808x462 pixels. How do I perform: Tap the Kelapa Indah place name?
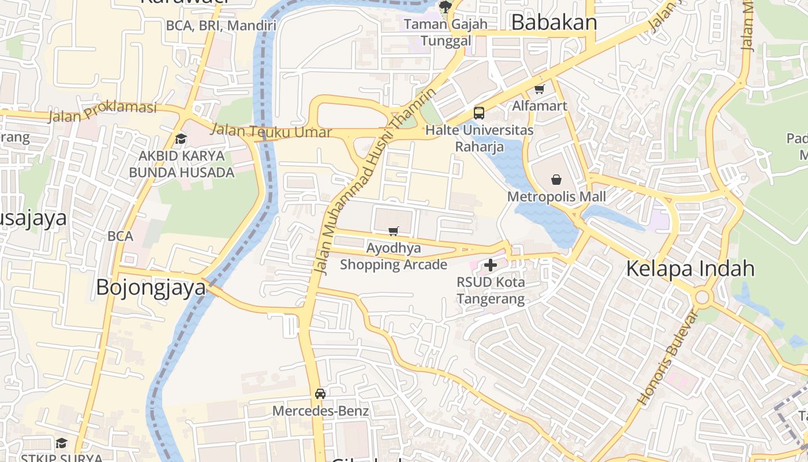pos(690,269)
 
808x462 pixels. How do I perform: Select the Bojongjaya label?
pos(151,287)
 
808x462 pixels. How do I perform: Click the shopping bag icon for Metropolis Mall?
pos(556,180)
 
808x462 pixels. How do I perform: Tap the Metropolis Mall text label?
pos(556,197)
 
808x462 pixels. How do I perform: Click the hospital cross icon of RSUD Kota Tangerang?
pos(491,265)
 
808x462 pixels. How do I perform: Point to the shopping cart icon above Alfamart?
pos(540,89)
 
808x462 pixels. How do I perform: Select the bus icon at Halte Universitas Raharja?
pos(479,113)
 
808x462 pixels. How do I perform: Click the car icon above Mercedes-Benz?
pos(320,394)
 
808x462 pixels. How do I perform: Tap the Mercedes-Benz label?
pos(320,411)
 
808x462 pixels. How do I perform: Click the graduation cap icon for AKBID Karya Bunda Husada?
pos(181,139)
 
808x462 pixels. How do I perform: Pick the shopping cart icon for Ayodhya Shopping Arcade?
pos(394,232)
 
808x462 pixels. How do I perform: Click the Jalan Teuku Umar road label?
pos(271,131)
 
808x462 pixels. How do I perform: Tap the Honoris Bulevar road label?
pos(668,357)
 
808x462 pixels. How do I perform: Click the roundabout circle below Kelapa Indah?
pos(702,298)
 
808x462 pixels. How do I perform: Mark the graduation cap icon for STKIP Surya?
pos(61,443)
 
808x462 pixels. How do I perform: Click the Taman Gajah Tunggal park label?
pos(446,32)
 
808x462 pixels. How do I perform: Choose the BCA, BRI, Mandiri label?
pos(221,25)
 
